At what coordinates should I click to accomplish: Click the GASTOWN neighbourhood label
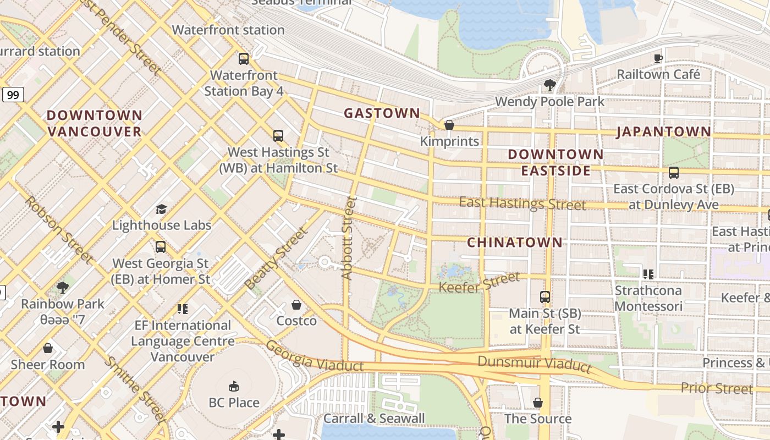[382, 113]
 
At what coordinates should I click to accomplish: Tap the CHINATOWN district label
[515, 242]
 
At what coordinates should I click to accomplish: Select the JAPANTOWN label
[663, 131]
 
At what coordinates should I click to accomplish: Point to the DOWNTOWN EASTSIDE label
[555, 162]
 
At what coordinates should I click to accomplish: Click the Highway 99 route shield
[13, 95]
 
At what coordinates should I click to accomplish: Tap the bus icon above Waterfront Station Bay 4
[244, 58]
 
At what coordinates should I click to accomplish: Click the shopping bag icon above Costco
[296, 305]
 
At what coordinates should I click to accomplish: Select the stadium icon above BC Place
[234, 386]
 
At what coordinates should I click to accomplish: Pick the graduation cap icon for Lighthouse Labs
[161, 209]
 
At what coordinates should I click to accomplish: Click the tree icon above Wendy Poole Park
[549, 85]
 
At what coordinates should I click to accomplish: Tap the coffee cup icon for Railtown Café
[658, 58]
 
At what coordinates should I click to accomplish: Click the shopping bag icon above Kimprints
[449, 125]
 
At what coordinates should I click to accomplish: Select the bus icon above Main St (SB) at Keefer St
[544, 297]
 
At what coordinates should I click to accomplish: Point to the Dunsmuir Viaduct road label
[534, 364]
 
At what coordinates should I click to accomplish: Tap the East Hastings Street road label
[522, 204]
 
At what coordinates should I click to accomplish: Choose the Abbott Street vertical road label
[349, 238]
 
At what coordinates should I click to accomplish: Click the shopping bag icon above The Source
[537, 403]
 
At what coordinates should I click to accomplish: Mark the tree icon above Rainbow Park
[63, 287]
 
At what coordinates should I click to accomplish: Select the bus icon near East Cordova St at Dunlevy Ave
[673, 173]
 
